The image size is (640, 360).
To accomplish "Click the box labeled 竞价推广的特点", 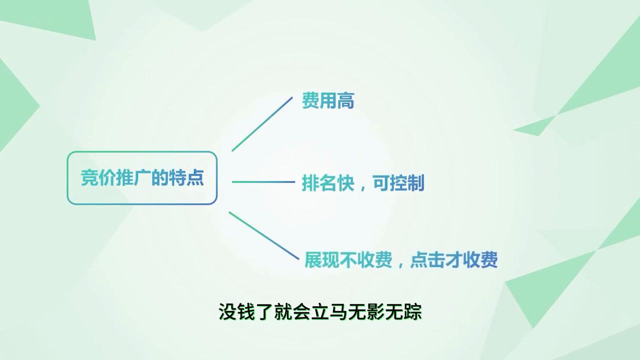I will tap(142, 178).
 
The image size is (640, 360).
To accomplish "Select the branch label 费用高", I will tap(328, 101).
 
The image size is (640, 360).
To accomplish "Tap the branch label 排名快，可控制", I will tap(363, 183).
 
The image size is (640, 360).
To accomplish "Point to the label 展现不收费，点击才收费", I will tap(401, 260).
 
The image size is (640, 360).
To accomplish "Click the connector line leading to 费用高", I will tap(262, 123).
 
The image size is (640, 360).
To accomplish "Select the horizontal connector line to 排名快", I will tap(263, 182).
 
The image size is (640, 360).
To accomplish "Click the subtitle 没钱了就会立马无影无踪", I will tap(320, 312).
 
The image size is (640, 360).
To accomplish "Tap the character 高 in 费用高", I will tap(345, 101).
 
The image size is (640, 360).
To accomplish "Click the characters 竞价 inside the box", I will tap(97, 178).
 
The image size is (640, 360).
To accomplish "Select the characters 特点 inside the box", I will tap(186, 178).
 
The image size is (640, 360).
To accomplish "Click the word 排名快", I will tap(328, 183).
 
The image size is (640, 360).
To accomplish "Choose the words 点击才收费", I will tap(453, 260).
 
